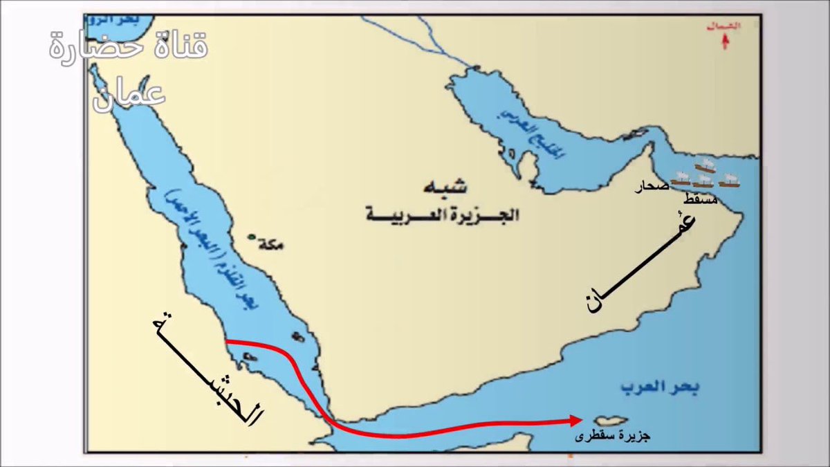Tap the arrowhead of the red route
coord(575,420)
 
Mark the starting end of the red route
coord(228,340)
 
